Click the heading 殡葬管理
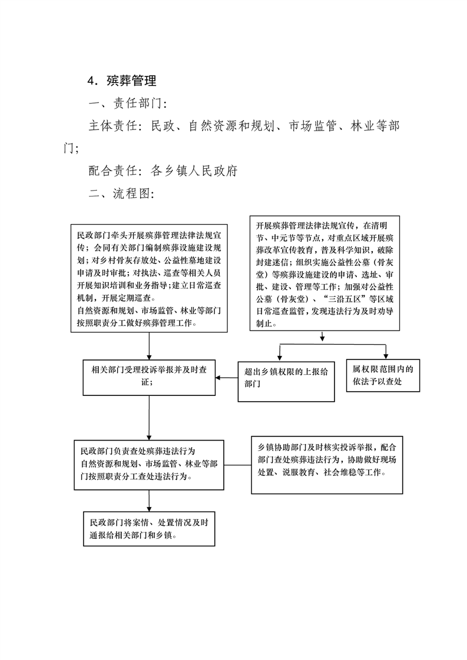[131, 81]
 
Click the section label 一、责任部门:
[128, 103]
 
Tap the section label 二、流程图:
[121, 193]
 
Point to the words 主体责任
[112, 125]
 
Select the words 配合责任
[112, 171]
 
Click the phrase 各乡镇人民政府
[194, 171]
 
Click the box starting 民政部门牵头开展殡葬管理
[149, 278]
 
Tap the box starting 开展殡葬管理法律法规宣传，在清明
[324, 273]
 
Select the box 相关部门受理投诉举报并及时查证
[149, 377]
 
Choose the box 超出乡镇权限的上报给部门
[286, 381]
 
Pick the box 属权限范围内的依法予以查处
[383, 375]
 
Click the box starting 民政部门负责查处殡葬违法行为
[149, 465]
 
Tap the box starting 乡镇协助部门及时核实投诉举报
[327, 465]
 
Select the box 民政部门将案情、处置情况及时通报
[149, 529]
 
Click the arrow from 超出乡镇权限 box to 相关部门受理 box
[227, 378]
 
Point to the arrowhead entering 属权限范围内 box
[386, 356]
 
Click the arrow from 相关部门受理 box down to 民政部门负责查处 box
[149, 418]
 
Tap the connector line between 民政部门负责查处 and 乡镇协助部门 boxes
[237, 465]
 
